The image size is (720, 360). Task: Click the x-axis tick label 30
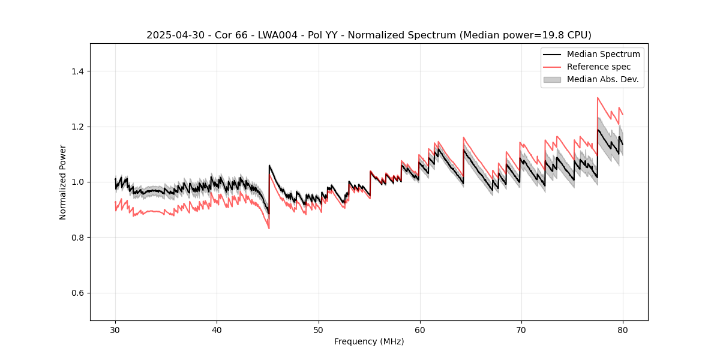[x=115, y=330]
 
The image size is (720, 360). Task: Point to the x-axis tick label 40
[x=217, y=330]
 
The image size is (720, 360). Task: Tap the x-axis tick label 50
[x=318, y=330]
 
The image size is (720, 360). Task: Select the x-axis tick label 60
[x=419, y=330]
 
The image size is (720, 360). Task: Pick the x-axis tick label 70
[x=521, y=330]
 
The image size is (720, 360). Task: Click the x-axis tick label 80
[x=622, y=330]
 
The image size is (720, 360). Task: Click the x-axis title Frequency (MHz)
[x=369, y=341]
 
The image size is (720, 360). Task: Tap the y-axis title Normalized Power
[x=63, y=182]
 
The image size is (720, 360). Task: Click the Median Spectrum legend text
[x=603, y=54]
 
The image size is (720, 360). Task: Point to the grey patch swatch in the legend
[x=552, y=79]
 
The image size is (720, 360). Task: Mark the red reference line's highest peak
[x=598, y=97]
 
